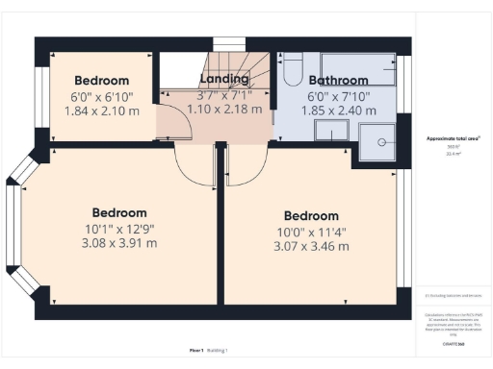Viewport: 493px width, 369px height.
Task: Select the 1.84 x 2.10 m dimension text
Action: tap(101, 111)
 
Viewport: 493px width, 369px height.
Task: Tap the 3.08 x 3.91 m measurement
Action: tap(119, 242)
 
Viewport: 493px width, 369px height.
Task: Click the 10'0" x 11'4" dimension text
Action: tap(310, 232)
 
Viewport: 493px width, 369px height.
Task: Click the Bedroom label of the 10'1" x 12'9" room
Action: tap(119, 212)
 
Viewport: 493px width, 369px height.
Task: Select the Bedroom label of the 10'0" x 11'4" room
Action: tap(310, 216)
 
